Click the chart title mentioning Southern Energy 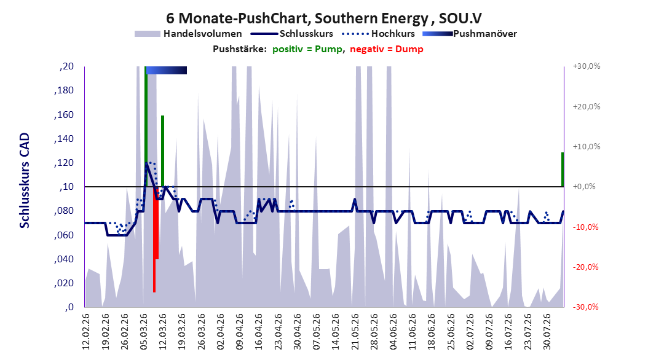323,18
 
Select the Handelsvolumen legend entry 189,34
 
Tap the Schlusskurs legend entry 292,34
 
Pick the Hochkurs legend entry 379,34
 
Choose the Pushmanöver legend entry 470,34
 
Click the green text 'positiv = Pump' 307,49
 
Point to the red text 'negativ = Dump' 387,49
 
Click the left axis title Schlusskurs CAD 25,180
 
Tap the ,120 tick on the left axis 64,163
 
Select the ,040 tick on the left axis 64,259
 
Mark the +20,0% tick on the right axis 587,106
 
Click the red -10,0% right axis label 585,227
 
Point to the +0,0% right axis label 584,187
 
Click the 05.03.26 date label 144,332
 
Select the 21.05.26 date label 355,332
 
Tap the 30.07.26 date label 547,332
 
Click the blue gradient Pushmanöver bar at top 167,70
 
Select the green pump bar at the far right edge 563,170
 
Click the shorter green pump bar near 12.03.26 162,151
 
